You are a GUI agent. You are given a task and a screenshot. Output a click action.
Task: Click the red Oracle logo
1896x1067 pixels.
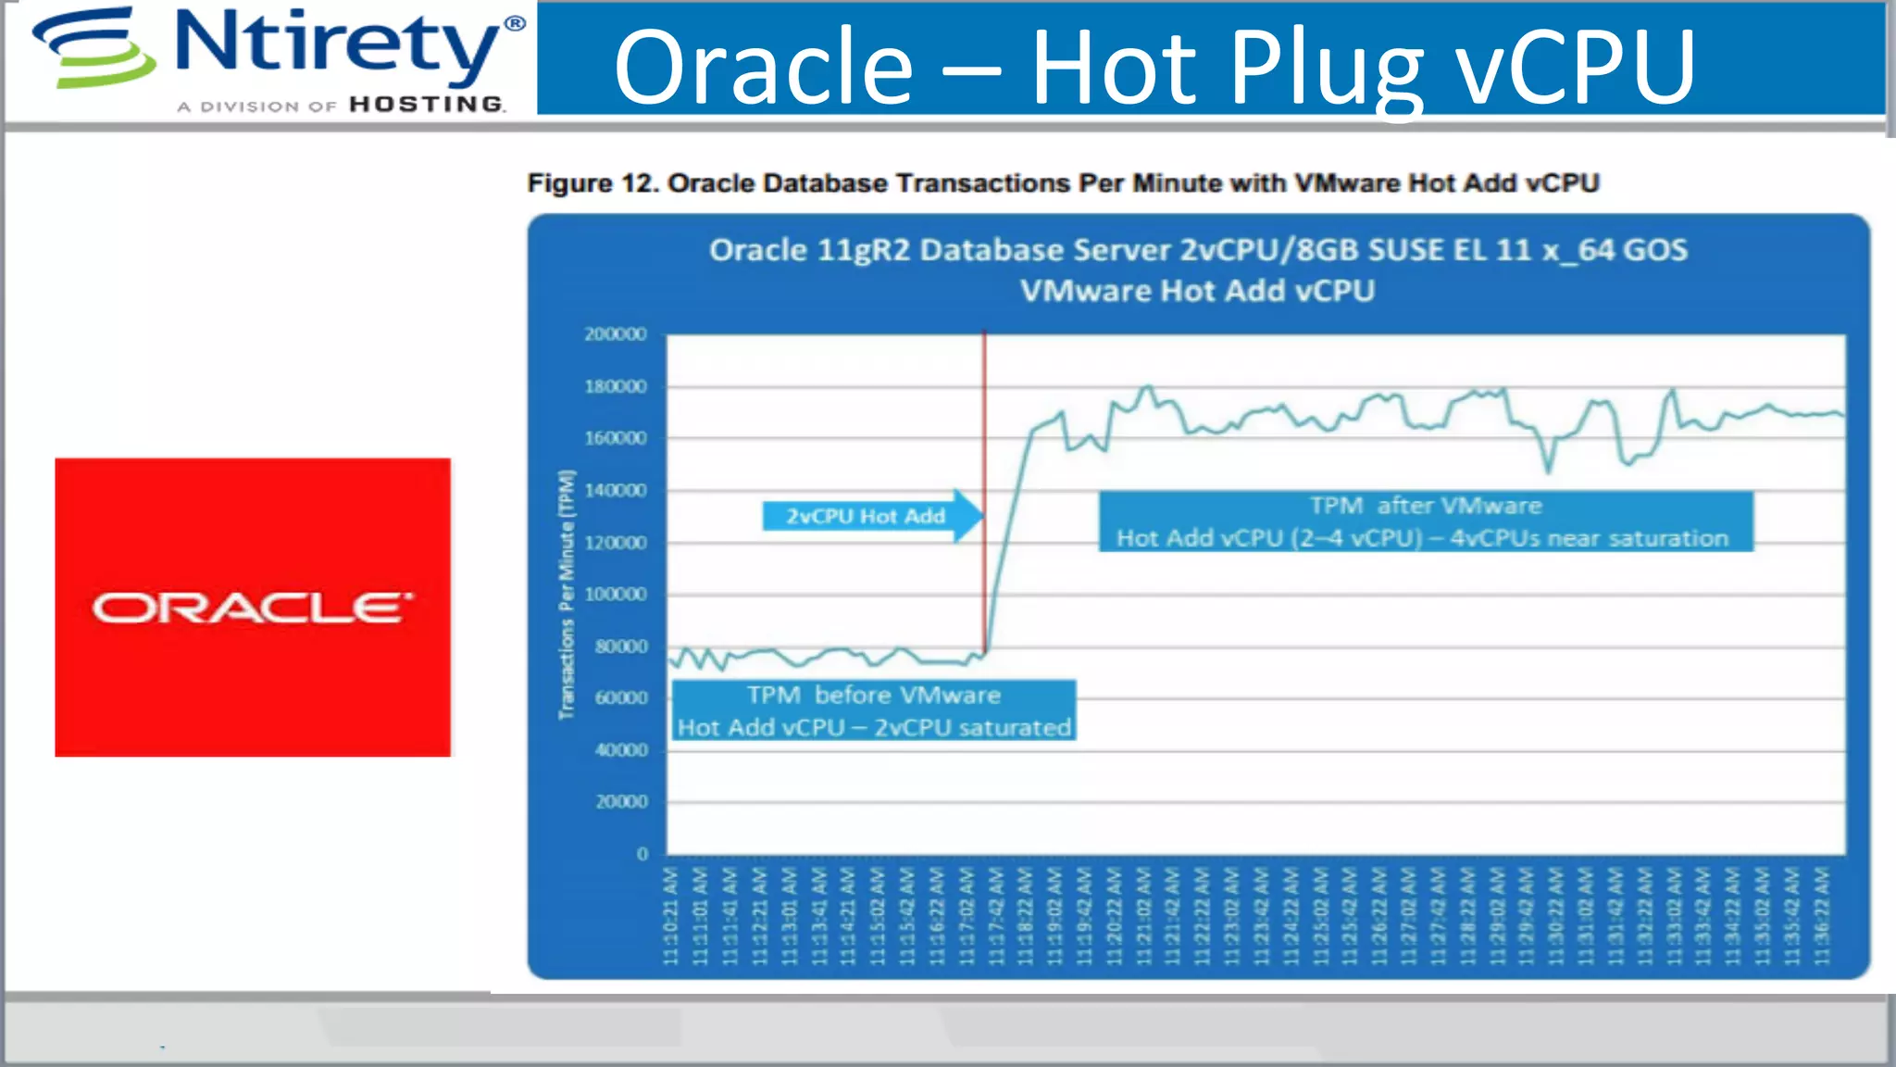coord(252,607)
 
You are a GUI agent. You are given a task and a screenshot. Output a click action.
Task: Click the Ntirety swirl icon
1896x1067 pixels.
coord(93,48)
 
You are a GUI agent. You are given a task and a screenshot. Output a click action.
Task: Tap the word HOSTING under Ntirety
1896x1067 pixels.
coord(427,105)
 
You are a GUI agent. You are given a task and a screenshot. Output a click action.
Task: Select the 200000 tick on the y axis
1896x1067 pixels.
coord(615,334)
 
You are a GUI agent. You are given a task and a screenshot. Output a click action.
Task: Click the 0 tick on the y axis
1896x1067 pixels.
coord(642,854)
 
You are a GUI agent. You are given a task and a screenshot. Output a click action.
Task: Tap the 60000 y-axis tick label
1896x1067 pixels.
coord(620,698)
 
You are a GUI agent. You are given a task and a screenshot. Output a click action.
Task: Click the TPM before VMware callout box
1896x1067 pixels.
coord(873,710)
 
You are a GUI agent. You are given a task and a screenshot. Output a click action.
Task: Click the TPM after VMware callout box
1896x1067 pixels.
coord(1425,521)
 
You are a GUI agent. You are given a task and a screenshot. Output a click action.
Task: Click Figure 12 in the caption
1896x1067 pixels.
coord(592,183)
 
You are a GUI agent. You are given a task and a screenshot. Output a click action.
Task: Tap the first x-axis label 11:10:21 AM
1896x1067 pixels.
coord(671,916)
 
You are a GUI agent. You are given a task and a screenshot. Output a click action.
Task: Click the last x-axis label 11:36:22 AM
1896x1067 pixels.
coord(1821,916)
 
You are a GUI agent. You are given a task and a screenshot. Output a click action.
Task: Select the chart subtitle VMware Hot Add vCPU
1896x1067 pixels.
coord(1197,291)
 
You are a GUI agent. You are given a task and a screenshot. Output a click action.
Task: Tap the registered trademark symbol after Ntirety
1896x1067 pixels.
coord(515,23)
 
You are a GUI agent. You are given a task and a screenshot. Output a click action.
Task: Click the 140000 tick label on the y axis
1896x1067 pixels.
coord(615,491)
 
